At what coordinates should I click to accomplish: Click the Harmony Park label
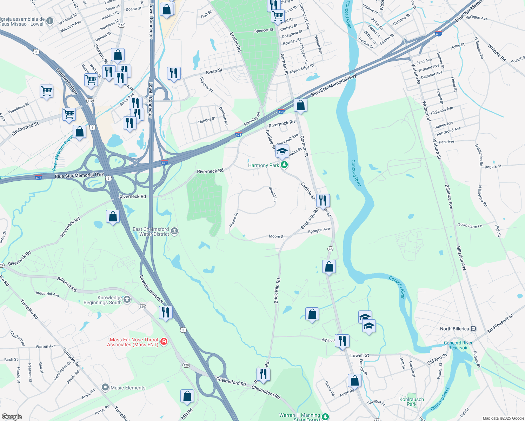(x=263, y=165)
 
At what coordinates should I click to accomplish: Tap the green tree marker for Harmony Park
(x=284, y=165)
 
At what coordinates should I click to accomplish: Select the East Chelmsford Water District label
(x=151, y=232)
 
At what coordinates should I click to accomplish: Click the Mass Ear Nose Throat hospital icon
(x=164, y=341)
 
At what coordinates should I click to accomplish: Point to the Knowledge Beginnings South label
(x=102, y=300)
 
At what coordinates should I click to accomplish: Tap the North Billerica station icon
(x=473, y=329)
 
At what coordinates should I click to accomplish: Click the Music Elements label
(x=128, y=388)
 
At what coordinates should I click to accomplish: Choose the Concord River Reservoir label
(x=458, y=345)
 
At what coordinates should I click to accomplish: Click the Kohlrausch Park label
(x=412, y=402)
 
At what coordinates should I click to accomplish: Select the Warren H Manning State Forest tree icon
(x=325, y=416)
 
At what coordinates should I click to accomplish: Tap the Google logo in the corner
(x=12, y=416)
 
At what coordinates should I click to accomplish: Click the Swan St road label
(x=214, y=72)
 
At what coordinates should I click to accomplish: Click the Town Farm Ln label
(x=470, y=226)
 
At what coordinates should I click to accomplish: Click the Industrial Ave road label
(x=47, y=294)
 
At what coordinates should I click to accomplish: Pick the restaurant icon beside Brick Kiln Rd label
(x=323, y=201)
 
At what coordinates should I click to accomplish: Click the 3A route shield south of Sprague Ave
(x=330, y=249)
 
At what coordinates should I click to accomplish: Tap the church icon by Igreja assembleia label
(x=50, y=21)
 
